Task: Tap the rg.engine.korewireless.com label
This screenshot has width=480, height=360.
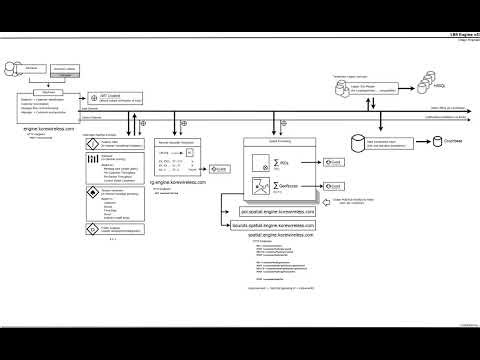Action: tap(177, 183)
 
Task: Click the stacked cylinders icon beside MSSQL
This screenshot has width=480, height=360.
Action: tap(433, 77)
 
